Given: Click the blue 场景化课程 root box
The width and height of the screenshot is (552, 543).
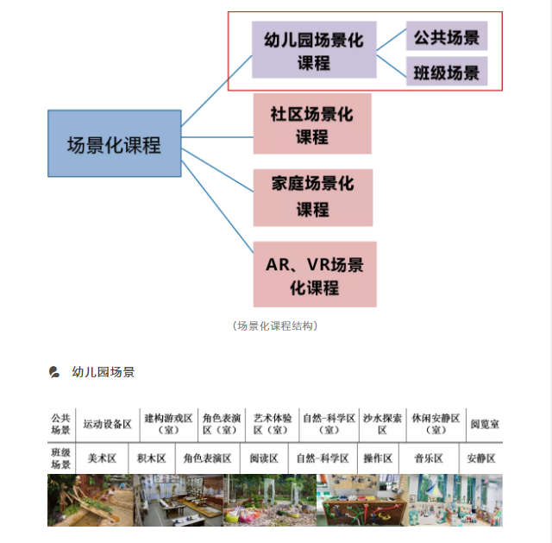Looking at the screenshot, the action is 115,143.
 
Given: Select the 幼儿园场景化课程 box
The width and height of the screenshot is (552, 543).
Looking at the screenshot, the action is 314,50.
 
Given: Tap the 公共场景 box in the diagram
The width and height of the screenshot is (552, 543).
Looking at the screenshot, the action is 447,36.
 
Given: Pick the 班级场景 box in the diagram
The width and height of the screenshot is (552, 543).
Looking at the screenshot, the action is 447,71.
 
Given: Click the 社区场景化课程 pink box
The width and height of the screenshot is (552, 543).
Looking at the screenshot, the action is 312,123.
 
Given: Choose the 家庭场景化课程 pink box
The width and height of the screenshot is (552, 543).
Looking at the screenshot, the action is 313,198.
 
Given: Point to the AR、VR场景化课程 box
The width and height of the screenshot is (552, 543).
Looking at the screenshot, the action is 315,275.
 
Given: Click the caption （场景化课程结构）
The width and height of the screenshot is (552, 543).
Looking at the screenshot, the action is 275,326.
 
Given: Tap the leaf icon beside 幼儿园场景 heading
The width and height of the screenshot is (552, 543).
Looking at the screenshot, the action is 53,372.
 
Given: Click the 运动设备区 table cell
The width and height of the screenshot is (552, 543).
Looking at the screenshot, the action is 107,424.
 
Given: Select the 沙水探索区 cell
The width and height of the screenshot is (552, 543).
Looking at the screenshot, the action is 382,424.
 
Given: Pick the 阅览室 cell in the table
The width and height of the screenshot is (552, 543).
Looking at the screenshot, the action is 485,424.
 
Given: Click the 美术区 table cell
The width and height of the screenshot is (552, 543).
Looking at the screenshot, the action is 102,458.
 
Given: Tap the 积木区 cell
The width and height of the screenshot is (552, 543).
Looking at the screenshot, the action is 152,458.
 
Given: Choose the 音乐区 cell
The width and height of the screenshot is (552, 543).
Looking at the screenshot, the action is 429,458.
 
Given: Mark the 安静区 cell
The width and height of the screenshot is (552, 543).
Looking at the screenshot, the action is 481,458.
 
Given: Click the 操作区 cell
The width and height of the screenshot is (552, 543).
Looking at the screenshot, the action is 378,458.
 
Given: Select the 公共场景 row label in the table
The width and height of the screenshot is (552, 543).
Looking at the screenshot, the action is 61,424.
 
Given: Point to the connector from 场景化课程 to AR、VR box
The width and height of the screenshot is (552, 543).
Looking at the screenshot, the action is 217,206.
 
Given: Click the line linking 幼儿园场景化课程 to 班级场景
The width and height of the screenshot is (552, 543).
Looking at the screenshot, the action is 391,66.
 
